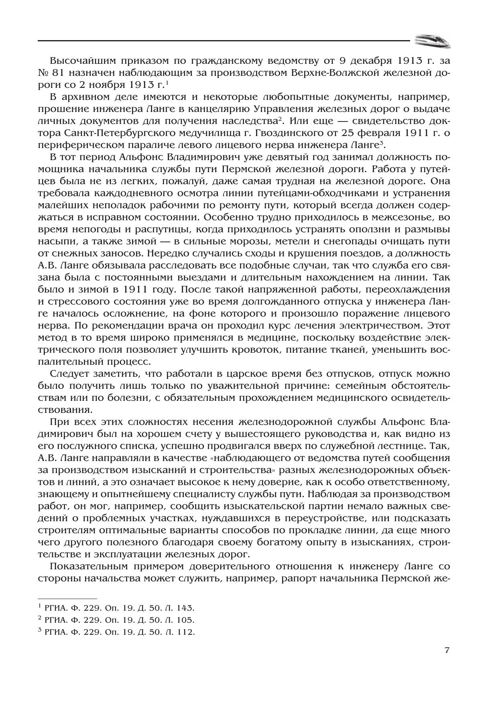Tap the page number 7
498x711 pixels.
(447, 650)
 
